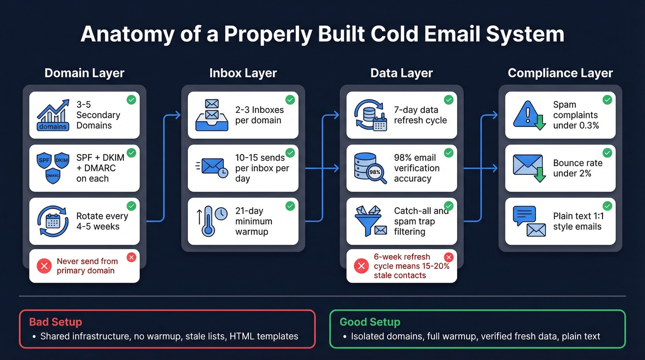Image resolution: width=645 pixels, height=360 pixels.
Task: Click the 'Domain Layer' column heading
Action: (84, 73)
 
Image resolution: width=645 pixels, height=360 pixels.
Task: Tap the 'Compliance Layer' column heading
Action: (560, 73)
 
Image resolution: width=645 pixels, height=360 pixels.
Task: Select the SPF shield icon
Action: (44, 159)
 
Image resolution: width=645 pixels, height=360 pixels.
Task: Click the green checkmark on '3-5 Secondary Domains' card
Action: (131, 100)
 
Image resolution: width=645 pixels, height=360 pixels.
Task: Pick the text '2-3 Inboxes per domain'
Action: (259, 115)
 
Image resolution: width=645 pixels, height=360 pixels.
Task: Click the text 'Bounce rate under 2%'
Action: (577, 168)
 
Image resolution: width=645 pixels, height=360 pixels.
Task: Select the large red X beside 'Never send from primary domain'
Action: (44, 266)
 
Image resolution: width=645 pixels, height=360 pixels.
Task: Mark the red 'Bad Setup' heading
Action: (55, 322)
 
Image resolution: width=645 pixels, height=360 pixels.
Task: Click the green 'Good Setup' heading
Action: (369, 322)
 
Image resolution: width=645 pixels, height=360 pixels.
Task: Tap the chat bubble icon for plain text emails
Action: (524, 216)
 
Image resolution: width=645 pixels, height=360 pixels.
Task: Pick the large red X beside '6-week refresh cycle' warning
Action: (361, 266)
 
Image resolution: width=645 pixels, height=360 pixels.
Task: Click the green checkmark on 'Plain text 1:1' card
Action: (607, 206)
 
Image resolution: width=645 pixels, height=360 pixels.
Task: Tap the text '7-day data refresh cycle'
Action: (420, 115)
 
